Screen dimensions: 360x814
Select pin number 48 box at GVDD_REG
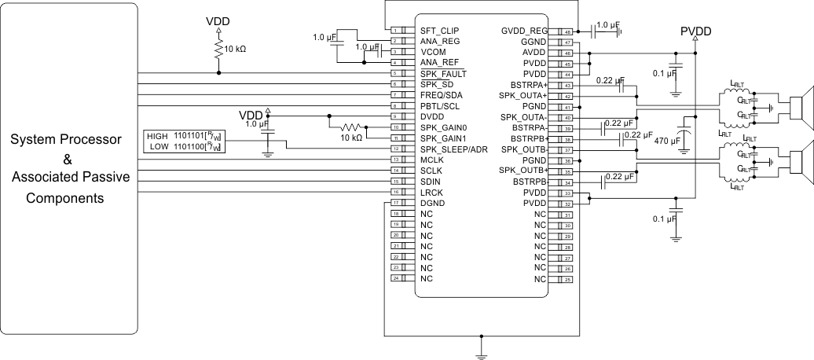[x=566, y=30]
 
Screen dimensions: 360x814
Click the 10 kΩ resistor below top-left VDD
[x=218, y=49]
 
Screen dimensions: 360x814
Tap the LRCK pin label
[x=433, y=192]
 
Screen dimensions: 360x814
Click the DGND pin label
[x=434, y=203]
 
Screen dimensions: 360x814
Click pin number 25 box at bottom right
[x=566, y=279]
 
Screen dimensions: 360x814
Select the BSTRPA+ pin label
[x=533, y=84]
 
